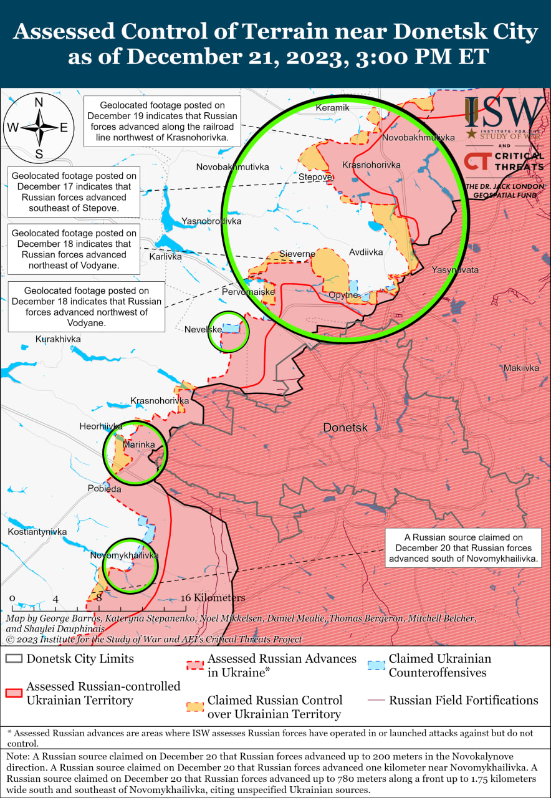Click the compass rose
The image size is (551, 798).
38,127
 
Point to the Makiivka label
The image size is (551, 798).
521,368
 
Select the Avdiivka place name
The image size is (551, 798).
366,253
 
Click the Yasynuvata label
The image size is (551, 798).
455,270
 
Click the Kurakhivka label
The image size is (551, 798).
58,339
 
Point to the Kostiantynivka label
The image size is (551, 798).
37,532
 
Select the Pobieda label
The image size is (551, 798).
104,489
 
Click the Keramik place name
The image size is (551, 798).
332,108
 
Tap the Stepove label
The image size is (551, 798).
315,177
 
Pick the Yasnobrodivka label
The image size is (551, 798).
211,221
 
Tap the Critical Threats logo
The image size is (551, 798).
504,161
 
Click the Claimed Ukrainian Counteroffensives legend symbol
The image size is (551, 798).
376,665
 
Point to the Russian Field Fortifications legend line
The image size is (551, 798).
376,700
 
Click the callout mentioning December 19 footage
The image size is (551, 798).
162,121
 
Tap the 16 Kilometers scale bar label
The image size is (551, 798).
214,597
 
